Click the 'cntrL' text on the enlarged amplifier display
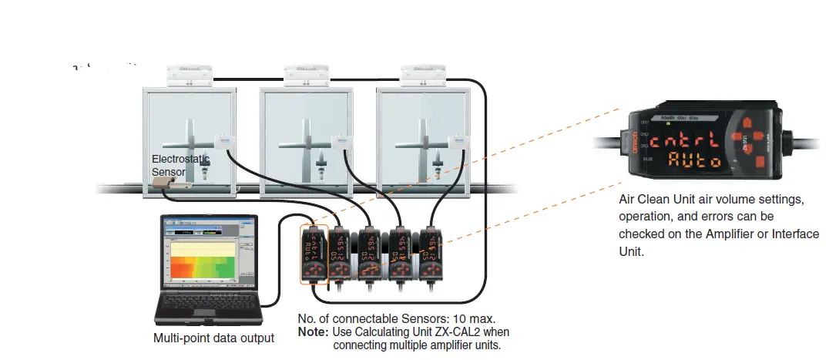click(690, 140)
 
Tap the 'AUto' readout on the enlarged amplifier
click(694, 161)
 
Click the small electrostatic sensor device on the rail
click(163, 183)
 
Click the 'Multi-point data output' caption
click(213, 338)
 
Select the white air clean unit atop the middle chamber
click(307, 75)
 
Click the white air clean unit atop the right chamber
click(423, 75)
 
